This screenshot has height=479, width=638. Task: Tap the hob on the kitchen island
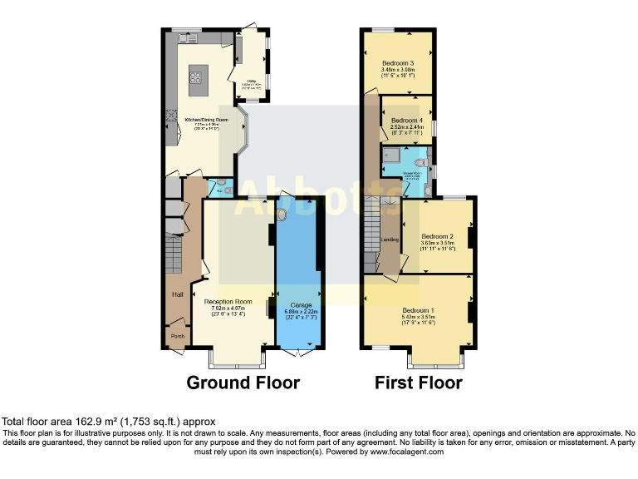198,78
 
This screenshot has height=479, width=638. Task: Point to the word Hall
177,294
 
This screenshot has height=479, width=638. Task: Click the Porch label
177,336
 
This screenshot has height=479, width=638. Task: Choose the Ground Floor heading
243,383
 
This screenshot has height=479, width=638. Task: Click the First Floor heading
419,383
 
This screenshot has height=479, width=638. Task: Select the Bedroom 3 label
399,63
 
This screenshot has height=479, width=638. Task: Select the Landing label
390,240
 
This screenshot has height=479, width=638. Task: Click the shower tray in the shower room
391,155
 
